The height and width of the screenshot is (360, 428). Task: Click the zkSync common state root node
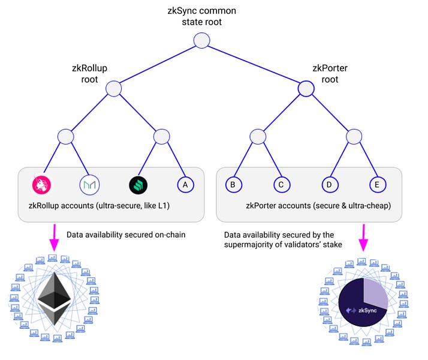pyautogui.click(x=201, y=41)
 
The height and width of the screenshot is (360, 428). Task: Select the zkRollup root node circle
pyautogui.click(x=114, y=89)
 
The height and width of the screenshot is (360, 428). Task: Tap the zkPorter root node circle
pyautogui.click(x=306, y=89)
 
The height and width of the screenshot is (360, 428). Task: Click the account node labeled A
pyautogui.click(x=185, y=185)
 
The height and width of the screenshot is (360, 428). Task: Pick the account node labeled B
pyautogui.click(x=233, y=185)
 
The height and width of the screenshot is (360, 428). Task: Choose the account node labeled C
pyautogui.click(x=280, y=185)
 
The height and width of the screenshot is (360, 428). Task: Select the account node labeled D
pyautogui.click(x=329, y=185)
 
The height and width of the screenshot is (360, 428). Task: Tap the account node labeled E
pyautogui.click(x=376, y=185)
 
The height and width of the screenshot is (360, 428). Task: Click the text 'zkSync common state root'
pyautogui.click(x=201, y=16)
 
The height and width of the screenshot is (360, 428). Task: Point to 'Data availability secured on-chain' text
pyautogui.click(x=126, y=235)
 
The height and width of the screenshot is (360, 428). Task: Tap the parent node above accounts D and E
pyautogui.click(x=353, y=137)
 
